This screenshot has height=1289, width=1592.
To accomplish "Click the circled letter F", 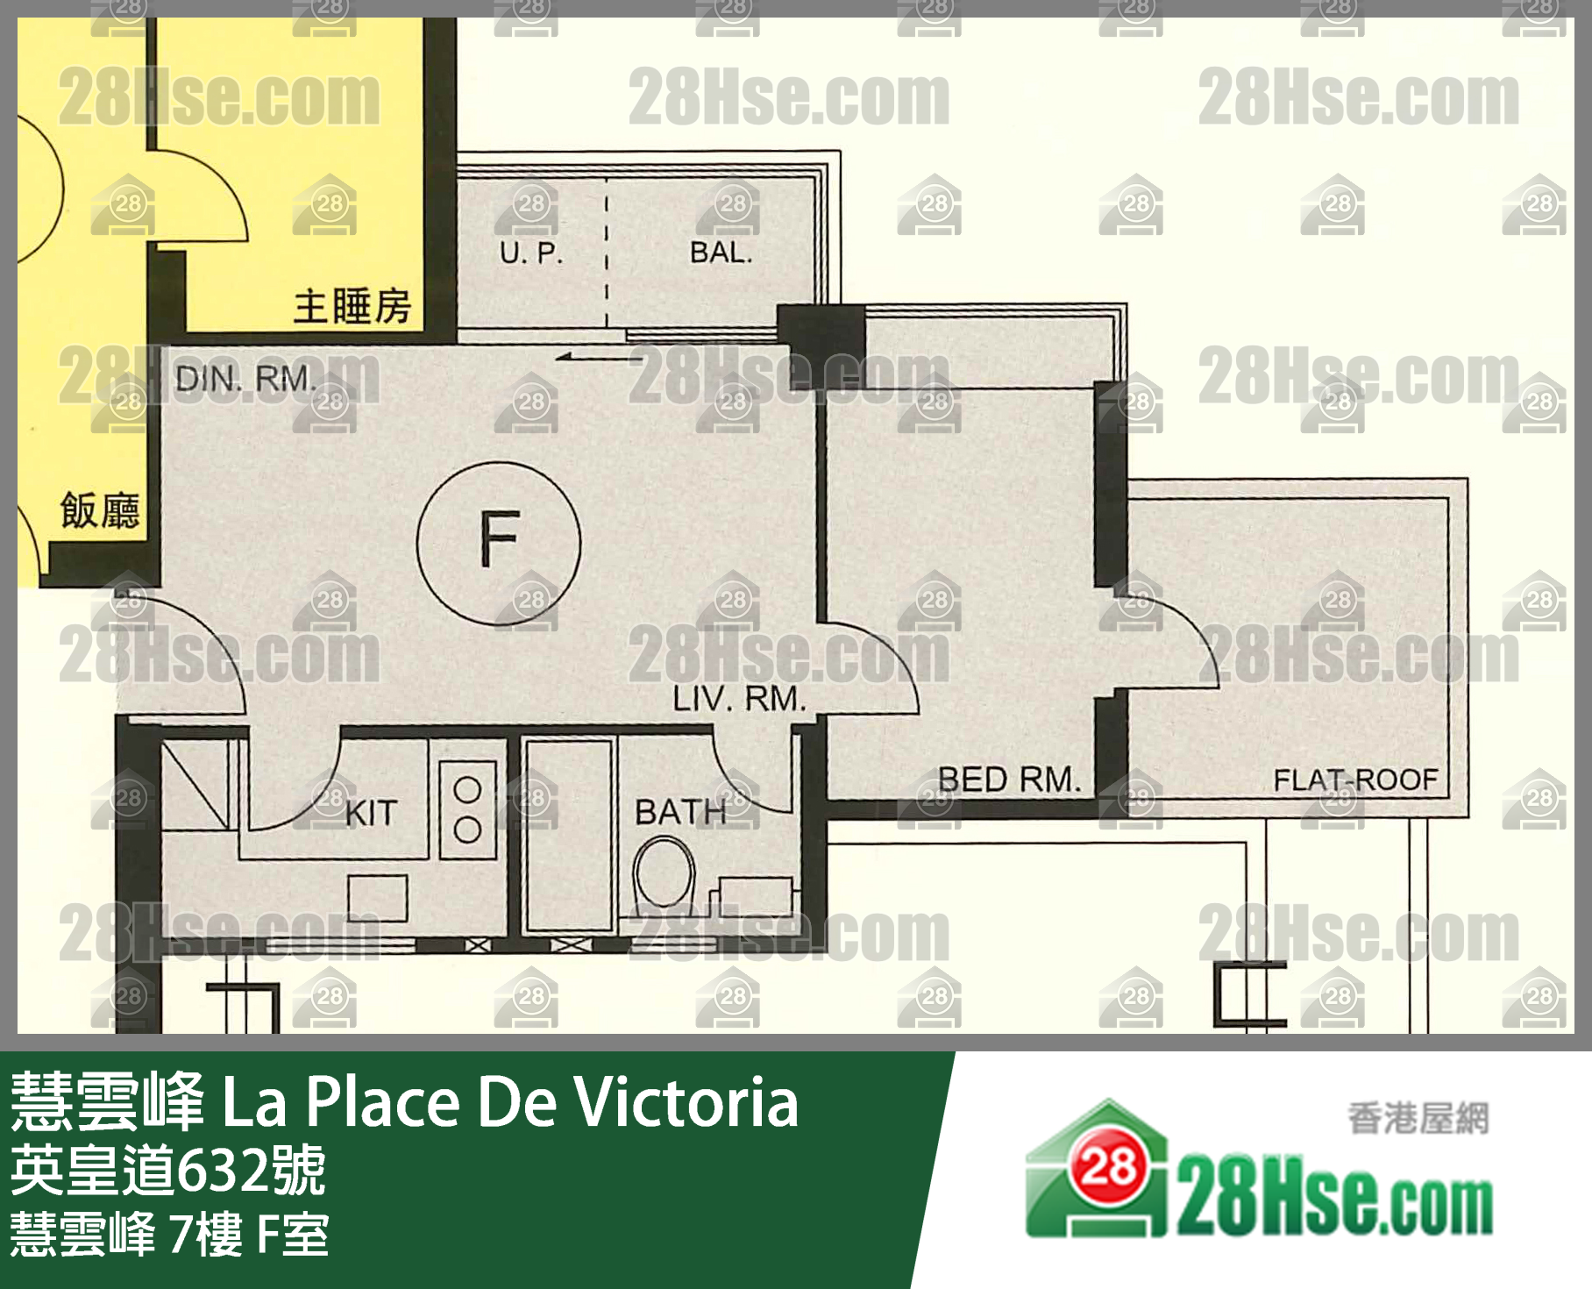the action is coord(499,545).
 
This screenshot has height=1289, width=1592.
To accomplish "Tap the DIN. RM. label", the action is coord(245,379).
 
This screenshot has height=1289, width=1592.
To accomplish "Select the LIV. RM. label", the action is coord(739,699).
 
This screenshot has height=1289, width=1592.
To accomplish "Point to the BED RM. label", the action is coord(1008,780).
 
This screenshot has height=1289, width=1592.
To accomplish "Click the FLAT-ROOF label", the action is coord(1355,780).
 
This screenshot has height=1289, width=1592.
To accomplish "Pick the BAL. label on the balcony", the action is coord(721,253).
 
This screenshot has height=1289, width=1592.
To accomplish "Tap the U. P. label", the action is coord(531,253).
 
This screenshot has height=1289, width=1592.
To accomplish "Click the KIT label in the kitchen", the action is coord(372,814).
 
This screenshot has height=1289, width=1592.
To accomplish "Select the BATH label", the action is coord(680,813).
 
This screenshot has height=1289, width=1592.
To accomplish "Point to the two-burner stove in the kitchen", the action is coord(467,809).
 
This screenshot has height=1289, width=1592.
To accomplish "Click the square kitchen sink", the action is coord(378,898).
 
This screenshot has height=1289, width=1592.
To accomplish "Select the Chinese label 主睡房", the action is coord(352,307).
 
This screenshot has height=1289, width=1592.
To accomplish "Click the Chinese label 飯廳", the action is coord(100,510).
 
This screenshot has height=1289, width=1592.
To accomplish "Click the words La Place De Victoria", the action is coord(509,1101).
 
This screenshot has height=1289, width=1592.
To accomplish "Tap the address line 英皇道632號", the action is coord(168,1171).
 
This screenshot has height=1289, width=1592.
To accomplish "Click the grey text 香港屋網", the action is coord(1418,1119).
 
